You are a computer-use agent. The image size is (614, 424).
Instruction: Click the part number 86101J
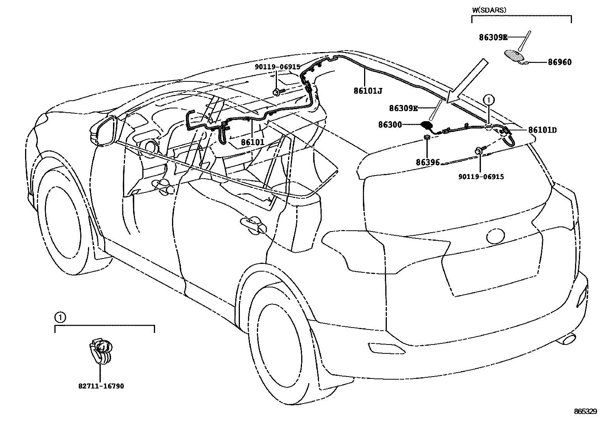tap(368, 91)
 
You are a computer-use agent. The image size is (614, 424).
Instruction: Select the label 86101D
tap(542, 130)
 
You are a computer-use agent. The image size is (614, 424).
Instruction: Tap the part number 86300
tap(390, 125)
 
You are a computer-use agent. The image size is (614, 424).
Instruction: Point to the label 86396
tap(427, 162)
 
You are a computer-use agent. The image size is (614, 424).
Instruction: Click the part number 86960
tap(560, 62)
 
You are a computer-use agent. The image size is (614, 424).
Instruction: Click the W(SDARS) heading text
tap(489, 10)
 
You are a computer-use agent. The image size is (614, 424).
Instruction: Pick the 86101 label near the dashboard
tap(253, 142)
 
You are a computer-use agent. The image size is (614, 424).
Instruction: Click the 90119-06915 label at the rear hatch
tap(481, 177)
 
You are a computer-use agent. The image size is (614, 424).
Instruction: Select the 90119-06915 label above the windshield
tap(277, 67)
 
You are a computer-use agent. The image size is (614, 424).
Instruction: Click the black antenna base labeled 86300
tap(426, 125)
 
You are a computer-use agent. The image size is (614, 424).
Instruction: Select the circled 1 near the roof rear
tap(488, 100)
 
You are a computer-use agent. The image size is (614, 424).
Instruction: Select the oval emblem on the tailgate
tap(495, 236)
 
